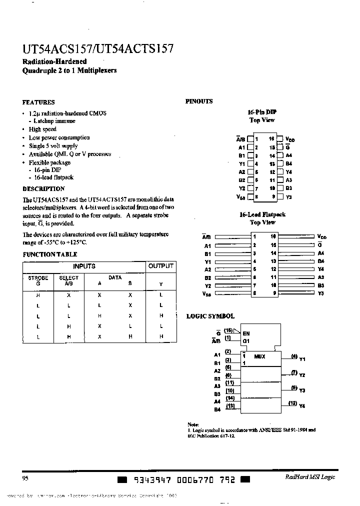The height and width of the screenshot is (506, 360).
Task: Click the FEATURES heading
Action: pos(38,102)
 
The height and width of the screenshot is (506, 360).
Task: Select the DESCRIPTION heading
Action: pos(43,189)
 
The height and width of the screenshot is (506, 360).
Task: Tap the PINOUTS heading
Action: pos(199,101)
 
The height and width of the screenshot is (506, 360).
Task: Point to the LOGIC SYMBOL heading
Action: pos(210,316)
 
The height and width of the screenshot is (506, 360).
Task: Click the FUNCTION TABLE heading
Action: pos(49,254)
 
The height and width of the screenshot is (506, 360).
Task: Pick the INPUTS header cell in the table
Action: pos(84,266)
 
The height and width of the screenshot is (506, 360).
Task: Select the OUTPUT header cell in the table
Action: pos(160,266)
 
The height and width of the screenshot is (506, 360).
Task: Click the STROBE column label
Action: pos(38,278)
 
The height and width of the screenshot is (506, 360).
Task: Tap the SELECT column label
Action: pos(68,278)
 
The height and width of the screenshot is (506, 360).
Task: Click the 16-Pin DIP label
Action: pos(262,112)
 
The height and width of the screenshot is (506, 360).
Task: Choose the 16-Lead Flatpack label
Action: pos(262,214)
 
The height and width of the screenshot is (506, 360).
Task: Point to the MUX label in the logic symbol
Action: pos(260,356)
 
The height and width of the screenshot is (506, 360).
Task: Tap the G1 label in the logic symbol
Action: pos(246,341)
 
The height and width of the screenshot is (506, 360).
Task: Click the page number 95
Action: pos(25,477)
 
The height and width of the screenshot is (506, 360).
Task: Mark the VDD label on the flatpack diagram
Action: pos(323,236)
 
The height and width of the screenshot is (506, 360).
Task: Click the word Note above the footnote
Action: pos(193,424)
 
